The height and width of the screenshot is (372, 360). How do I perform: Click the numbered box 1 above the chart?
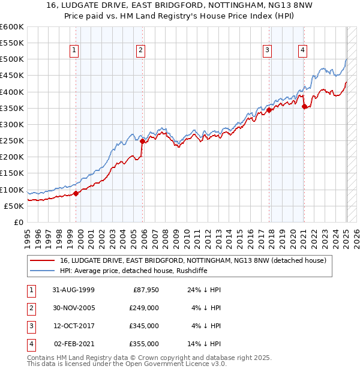pos(74,50)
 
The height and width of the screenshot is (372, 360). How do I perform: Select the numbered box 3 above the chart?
pos(267,50)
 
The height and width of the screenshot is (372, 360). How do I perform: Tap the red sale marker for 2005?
pos(143,142)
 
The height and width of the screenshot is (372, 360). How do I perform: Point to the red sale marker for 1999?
pos(76,193)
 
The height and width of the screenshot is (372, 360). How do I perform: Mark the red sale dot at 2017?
pos(269,110)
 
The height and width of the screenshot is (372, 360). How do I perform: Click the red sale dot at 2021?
pos(305,107)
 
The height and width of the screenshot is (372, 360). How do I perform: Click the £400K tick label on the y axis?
pos(11,92)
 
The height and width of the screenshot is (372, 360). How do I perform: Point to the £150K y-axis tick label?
pos(11,173)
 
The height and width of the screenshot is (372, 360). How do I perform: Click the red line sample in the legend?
pos(42,260)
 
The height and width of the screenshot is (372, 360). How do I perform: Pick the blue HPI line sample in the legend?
pos(42,271)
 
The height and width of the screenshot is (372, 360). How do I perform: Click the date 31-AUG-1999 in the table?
pos(73,289)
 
